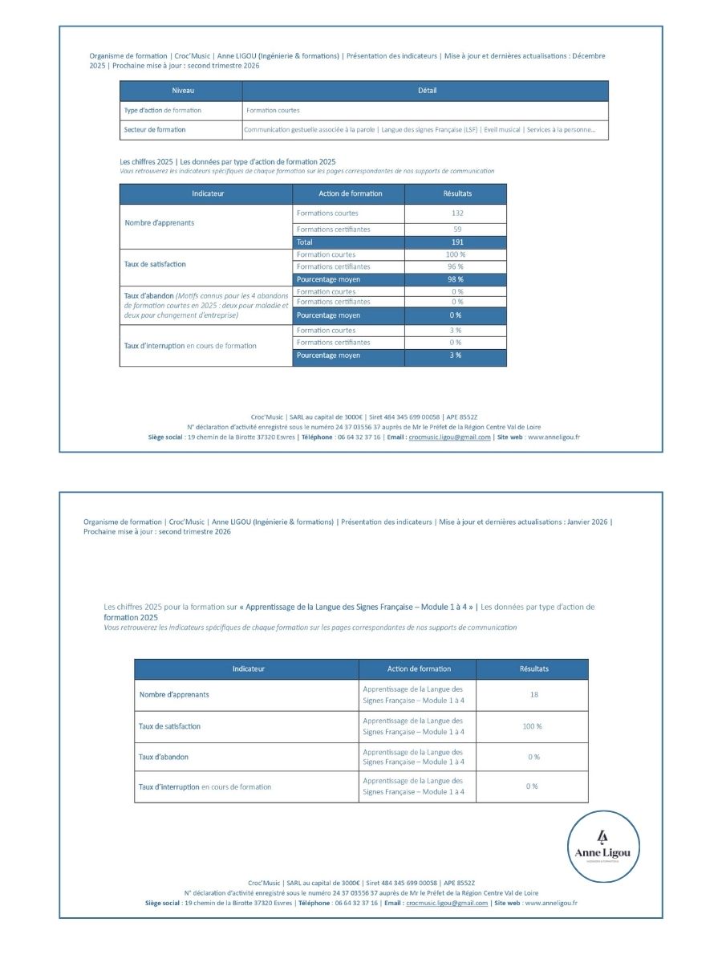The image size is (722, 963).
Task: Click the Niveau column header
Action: click(182, 91)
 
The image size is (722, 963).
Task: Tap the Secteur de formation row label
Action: click(155, 129)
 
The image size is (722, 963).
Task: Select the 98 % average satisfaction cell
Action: click(456, 279)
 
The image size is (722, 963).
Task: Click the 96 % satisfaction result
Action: click(456, 266)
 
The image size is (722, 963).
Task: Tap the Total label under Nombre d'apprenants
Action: click(305, 242)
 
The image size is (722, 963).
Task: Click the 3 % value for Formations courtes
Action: click(456, 331)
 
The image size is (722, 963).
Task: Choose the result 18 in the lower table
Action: click(533, 695)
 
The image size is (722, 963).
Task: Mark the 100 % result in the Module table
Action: click(533, 726)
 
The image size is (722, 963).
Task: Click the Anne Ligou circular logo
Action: click(607, 847)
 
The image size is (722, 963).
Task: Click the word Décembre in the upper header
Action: click(589, 56)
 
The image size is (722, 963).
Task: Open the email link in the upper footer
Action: click(449, 437)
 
